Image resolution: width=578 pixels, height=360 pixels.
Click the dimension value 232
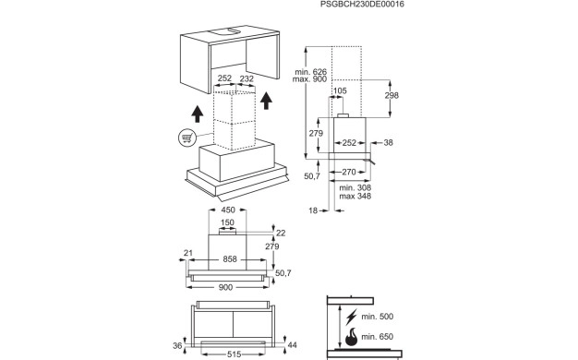[247, 79]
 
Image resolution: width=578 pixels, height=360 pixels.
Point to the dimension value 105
[339, 90]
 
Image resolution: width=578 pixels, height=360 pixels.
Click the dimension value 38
[388, 143]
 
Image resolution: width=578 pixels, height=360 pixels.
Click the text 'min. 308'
[355, 188]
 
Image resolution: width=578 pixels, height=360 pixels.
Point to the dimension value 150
[225, 222]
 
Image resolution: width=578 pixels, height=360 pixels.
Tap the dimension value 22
[283, 233]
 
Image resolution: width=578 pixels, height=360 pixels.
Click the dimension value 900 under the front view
[226, 287]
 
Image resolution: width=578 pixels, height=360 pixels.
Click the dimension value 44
[292, 344]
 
